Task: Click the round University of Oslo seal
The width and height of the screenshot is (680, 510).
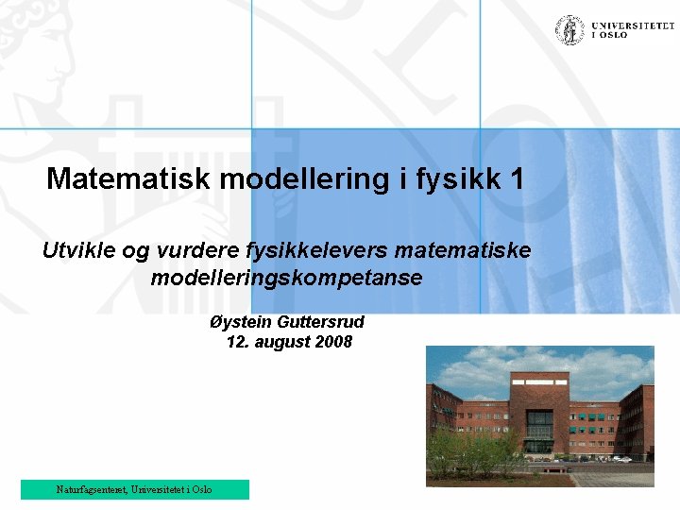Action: [x=569, y=29]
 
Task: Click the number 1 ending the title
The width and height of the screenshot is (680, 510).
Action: [x=516, y=178]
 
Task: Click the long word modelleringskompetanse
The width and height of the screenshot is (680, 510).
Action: [x=286, y=279]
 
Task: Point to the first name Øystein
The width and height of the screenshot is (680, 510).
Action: [x=238, y=321]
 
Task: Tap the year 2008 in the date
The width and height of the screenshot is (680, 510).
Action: [x=333, y=342]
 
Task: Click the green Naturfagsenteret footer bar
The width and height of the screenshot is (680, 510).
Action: [x=134, y=489]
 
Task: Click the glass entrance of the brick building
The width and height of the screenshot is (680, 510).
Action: [x=539, y=431]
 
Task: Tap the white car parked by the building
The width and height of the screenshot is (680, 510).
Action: [x=620, y=459]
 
